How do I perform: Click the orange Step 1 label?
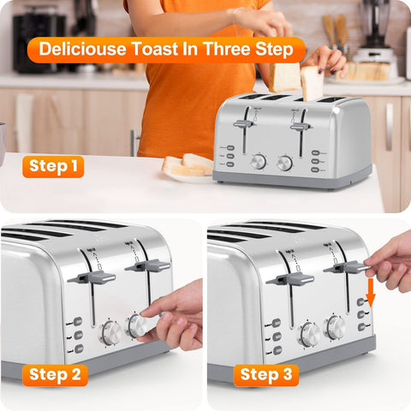coord(53,166)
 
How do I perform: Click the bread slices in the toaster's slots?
coord(299,82)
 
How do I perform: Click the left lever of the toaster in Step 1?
coord(243,124)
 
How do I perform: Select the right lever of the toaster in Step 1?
coord(300,127)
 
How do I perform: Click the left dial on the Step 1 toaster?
coord(258,161)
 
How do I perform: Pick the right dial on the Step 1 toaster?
coord(285,162)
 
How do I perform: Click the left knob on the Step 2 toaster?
coord(111,332)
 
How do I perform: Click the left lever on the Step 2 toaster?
coord(91,277)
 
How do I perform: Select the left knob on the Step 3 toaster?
coord(309,333)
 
